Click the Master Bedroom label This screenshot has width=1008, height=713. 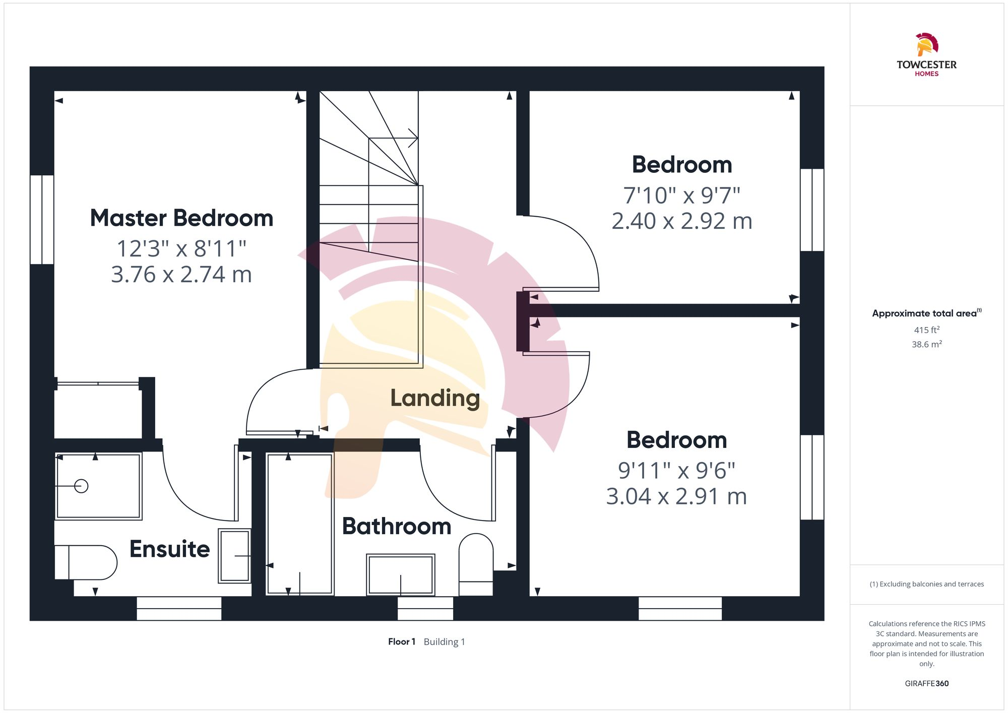point(181,218)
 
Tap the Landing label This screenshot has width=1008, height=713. point(434,398)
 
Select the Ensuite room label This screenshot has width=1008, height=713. point(169,549)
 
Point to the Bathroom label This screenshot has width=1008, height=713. point(397,527)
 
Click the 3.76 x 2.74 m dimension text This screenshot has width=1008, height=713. point(181,275)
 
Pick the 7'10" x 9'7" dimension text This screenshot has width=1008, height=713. point(681,196)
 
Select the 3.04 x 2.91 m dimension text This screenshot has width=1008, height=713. point(676,497)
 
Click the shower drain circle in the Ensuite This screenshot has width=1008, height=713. point(81,486)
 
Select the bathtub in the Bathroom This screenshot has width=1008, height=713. point(299,524)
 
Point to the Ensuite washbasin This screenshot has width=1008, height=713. point(234,556)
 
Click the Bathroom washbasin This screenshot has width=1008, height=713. point(400,575)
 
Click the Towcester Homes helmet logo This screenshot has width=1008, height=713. point(926,45)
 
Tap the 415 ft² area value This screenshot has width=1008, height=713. point(926,330)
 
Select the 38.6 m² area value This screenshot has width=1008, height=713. point(926,345)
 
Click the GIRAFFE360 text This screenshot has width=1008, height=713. point(926,684)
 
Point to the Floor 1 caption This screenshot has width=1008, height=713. point(402,642)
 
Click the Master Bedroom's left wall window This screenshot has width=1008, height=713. point(42,220)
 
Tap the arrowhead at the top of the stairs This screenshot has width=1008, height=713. point(413,138)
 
